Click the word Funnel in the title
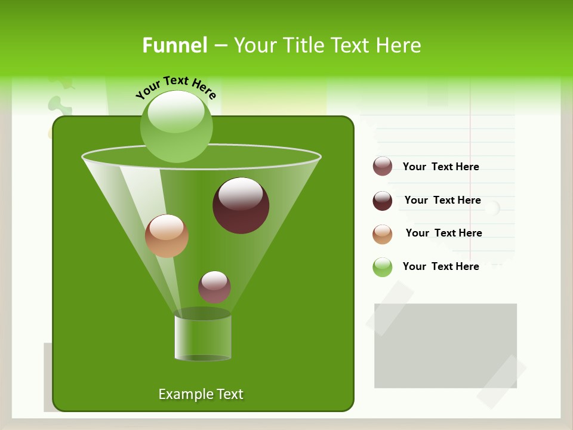(174, 45)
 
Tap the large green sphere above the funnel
(177, 126)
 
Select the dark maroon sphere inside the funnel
(241, 205)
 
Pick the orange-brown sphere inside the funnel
(167, 236)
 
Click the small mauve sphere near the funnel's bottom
(215, 287)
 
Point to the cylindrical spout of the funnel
(203, 337)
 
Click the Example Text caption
(201, 394)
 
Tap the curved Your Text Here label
(175, 87)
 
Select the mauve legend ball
(383, 166)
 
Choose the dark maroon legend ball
(383, 201)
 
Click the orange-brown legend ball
(383, 234)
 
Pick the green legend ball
(383, 267)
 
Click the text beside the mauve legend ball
(440, 167)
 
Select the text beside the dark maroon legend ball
(442, 200)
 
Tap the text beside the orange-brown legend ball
(443, 233)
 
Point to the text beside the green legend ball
(440, 266)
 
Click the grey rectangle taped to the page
(445, 345)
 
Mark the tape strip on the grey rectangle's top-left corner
(390, 308)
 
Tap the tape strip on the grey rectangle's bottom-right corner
(501, 382)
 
